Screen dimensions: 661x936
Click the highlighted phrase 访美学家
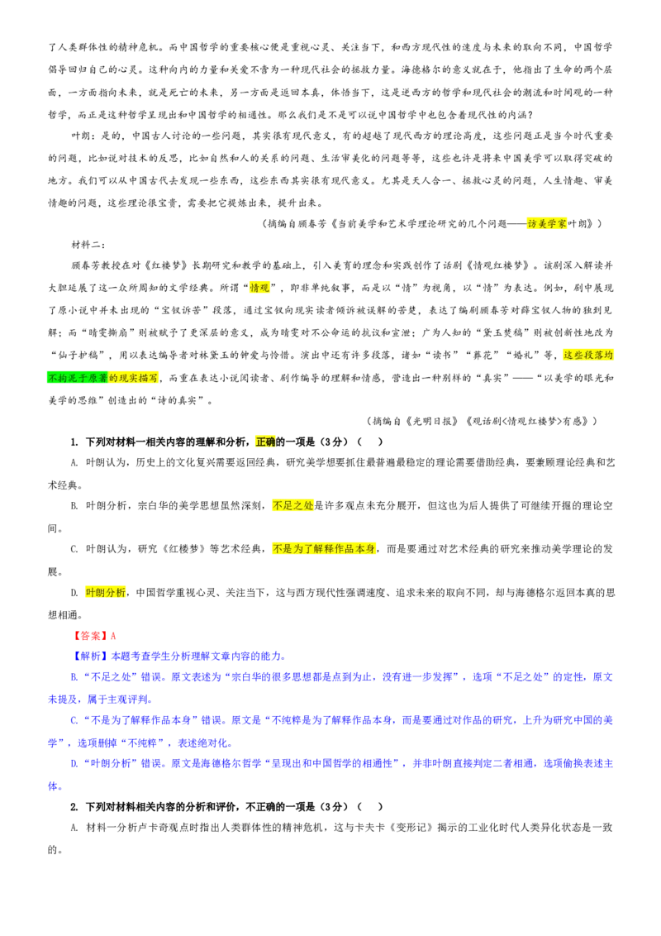click(547, 224)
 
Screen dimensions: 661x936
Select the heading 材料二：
click(88, 245)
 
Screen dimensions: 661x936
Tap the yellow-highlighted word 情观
click(259, 288)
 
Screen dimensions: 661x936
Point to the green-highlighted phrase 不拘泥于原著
click(78, 378)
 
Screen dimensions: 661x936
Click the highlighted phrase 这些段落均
click(588, 356)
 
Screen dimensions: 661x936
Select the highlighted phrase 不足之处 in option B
click(293, 505)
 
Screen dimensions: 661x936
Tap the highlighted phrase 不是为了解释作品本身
click(324, 548)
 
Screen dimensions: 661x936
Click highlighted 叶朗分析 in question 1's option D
click(106, 592)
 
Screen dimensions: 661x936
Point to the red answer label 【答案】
click(90, 636)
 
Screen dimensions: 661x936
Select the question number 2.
click(74, 807)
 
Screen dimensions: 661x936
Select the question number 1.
click(74, 442)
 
